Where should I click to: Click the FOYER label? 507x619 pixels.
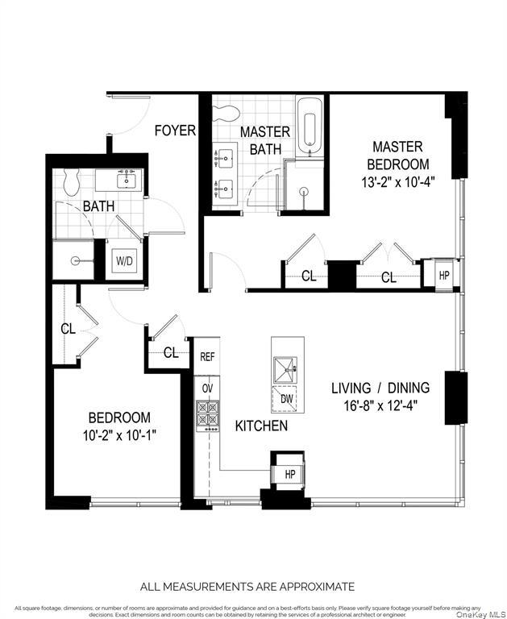(175, 130)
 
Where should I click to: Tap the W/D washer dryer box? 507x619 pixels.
(125, 260)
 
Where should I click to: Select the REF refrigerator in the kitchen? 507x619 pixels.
(207, 355)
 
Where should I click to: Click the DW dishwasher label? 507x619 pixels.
(287, 398)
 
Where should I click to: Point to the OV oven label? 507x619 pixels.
(207, 388)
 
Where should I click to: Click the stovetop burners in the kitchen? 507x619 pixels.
(207, 413)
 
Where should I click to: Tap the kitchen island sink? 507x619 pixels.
(285, 367)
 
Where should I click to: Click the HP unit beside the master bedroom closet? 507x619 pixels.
(443, 274)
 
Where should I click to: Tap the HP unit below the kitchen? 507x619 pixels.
(289, 474)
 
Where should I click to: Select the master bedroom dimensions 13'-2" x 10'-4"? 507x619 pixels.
(397, 181)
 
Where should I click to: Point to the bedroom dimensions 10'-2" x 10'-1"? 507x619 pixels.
(119, 436)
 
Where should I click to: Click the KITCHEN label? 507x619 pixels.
(261, 426)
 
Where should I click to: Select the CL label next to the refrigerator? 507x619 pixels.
(170, 352)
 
